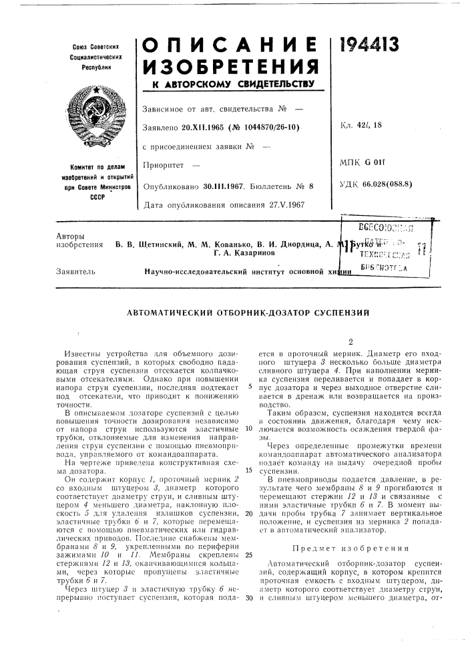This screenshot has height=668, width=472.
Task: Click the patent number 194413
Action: coord(373,46)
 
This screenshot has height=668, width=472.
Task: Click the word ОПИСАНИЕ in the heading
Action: coord(230,46)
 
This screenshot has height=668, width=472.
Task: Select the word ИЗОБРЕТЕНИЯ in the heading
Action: coord(230,67)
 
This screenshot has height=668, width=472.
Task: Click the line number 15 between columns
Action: coord(247,469)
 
